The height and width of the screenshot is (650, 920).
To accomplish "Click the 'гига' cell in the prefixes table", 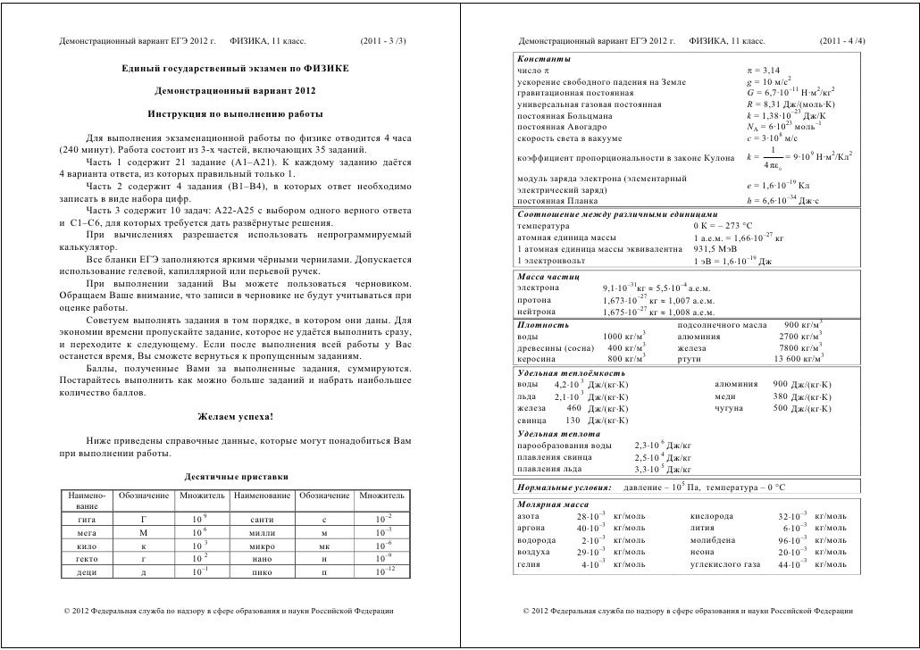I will pyautogui.click(x=88, y=518).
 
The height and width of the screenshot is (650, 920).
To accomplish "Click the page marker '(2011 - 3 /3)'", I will pyautogui.click(x=383, y=42).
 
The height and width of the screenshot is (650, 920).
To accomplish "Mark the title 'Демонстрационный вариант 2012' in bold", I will pyautogui.click(x=235, y=92).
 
